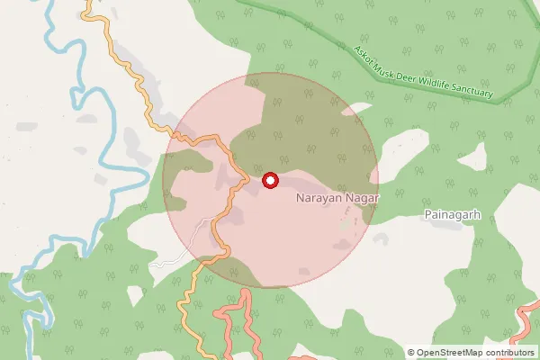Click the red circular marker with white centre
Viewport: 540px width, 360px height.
(270, 181)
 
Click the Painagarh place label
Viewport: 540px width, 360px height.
(454, 216)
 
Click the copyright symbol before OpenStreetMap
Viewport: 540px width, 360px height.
(411, 352)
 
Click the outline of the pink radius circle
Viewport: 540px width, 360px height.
(378, 180)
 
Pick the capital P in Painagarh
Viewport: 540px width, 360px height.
(427, 216)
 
